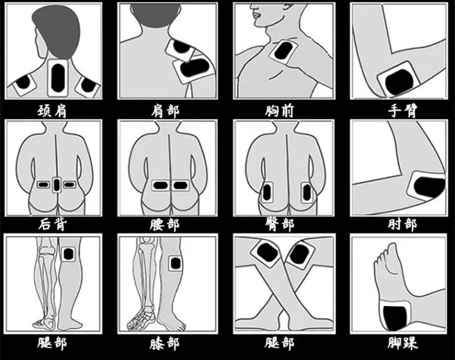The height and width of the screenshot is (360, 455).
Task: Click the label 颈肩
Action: point(52,111)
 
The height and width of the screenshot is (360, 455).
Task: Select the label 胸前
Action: point(280,111)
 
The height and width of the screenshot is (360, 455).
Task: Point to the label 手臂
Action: point(403,111)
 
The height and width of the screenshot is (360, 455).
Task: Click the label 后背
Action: point(53,224)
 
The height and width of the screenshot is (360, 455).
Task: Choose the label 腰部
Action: point(165,225)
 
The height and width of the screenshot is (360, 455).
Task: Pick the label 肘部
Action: point(403,225)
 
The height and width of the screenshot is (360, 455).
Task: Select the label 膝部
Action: point(165,344)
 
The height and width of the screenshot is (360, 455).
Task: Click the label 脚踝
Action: point(403,344)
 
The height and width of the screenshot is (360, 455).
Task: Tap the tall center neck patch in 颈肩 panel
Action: point(58,78)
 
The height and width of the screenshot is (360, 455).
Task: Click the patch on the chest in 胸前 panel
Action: point(283,50)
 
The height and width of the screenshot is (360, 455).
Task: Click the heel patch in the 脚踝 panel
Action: point(395,316)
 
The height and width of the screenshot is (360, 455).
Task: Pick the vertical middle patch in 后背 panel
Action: point(57,184)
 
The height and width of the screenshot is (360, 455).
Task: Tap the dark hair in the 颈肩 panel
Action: point(57,32)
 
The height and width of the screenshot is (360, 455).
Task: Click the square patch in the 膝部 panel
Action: point(175,264)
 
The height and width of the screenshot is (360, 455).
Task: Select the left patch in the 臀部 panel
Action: point(267,192)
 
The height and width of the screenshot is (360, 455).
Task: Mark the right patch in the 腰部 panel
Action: point(180,185)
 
